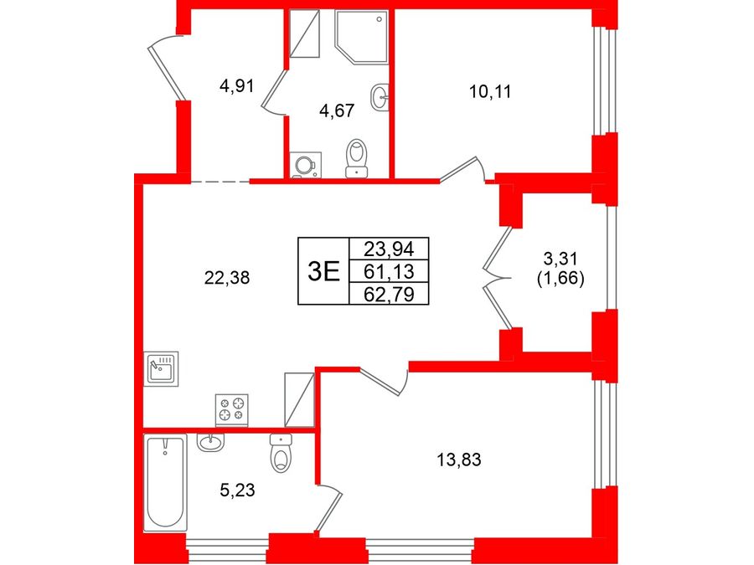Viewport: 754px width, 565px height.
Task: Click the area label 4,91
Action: click(x=236, y=87)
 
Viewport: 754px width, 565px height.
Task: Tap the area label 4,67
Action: click(x=337, y=111)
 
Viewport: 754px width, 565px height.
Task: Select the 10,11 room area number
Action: click(x=490, y=91)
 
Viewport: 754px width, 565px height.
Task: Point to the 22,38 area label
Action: click(x=227, y=277)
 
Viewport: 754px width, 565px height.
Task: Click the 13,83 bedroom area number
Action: click(x=459, y=460)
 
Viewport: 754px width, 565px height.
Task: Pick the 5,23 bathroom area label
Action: click(x=237, y=491)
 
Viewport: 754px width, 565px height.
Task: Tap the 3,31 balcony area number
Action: click(x=560, y=259)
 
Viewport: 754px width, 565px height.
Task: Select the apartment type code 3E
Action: click(x=323, y=271)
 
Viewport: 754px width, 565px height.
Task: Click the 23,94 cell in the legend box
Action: click(x=389, y=249)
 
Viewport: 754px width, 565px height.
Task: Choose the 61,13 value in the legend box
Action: click(x=389, y=271)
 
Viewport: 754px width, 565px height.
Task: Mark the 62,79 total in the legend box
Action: click(x=389, y=294)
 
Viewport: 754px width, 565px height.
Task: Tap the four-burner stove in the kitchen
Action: click(x=232, y=410)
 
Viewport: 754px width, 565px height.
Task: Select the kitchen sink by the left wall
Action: click(x=162, y=368)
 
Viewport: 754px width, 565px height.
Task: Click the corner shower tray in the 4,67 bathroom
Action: click(x=362, y=37)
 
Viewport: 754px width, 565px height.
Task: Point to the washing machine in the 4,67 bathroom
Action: click(x=305, y=165)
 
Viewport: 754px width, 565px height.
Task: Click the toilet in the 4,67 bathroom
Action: click(x=357, y=158)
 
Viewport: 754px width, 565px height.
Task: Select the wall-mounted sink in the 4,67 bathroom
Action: click(x=380, y=98)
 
